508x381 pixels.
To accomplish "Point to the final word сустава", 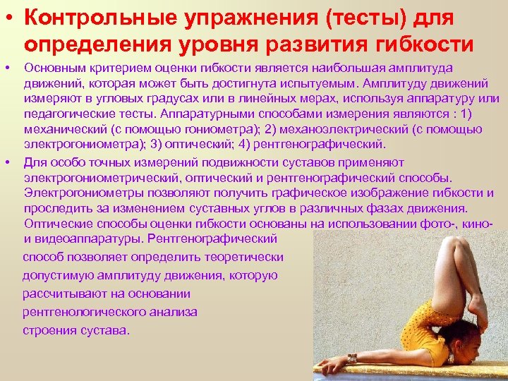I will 107,329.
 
